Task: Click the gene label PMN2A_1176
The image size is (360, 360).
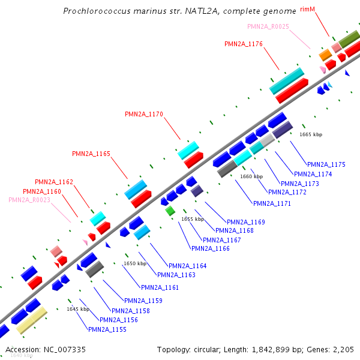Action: [244, 44]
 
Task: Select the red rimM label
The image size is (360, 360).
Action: [324, 10]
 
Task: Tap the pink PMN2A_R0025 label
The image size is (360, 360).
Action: [268, 26]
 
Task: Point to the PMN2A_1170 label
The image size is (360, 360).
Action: [144, 114]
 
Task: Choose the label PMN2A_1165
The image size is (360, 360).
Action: [91, 154]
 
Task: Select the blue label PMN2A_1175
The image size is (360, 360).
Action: [326, 164]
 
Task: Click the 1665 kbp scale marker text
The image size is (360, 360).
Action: [311, 135]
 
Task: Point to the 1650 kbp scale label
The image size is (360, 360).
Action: [135, 263]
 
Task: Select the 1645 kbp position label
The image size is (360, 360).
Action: [78, 309]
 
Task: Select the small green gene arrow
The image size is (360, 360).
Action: [170, 211]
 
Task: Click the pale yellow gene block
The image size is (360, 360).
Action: [31, 321]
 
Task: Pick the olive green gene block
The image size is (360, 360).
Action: [349, 40]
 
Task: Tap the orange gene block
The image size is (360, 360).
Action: [325, 55]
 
